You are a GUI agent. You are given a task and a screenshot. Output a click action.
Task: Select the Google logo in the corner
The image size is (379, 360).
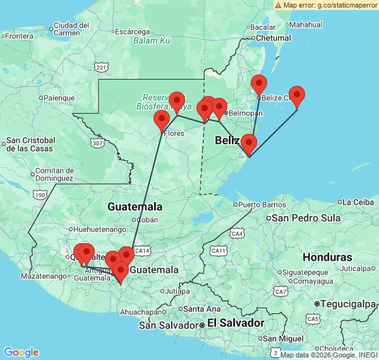click(x=20, y=352)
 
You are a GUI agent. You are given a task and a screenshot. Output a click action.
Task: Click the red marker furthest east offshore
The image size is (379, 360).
click(x=296, y=97)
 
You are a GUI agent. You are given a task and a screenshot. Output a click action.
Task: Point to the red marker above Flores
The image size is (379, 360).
click(x=162, y=120)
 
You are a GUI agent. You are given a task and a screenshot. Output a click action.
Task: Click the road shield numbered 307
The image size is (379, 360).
click(x=97, y=143)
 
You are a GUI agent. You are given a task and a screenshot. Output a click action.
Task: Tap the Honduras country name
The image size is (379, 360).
click(x=327, y=258)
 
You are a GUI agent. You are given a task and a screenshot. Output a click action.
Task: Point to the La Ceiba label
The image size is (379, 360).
click(x=359, y=202)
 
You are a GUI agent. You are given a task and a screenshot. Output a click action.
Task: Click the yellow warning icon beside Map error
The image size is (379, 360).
click(x=278, y=4)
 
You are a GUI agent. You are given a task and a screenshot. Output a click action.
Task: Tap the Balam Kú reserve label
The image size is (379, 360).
click(x=152, y=41)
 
